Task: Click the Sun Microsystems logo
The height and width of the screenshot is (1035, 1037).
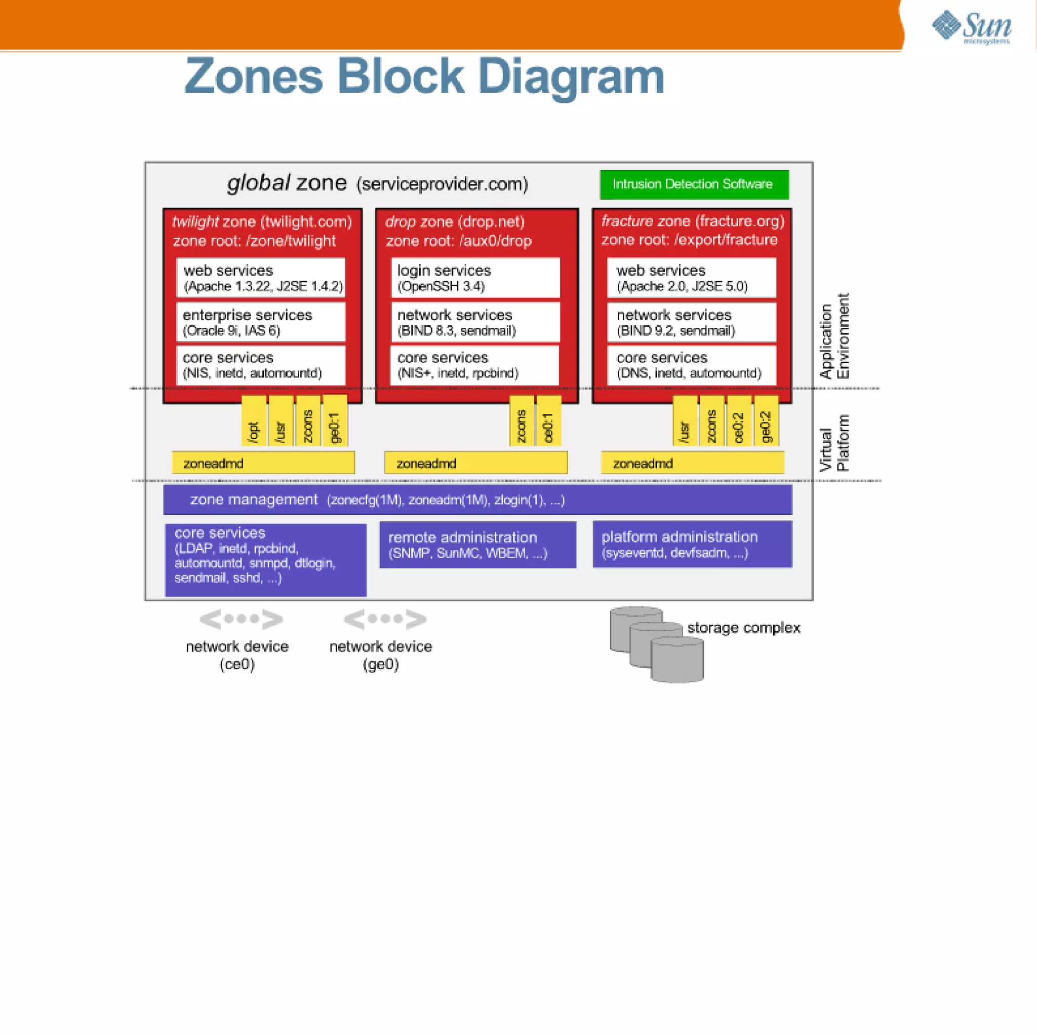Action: click(x=972, y=27)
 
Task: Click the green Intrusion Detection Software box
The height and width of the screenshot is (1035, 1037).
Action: click(x=694, y=184)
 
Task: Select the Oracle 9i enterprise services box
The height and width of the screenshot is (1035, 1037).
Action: click(x=261, y=322)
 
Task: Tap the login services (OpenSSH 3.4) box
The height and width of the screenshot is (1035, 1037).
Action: click(x=475, y=278)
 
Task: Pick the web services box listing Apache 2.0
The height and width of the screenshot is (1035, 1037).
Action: click(x=691, y=278)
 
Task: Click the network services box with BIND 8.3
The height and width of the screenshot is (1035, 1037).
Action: click(x=475, y=322)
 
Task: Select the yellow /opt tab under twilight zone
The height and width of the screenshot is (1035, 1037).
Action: click(x=254, y=421)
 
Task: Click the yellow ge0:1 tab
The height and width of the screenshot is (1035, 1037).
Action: click(x=335, y=421)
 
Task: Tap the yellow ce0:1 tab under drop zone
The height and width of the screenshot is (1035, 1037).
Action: click(x=548, y=421)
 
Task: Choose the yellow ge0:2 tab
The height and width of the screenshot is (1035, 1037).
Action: click(x=766, y=421)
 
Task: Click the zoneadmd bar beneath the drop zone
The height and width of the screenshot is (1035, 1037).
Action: click(x=475, y=463)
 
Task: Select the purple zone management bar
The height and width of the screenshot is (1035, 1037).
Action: click(x=477, y=500)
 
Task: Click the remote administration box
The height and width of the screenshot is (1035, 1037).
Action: click(x=477, y=545)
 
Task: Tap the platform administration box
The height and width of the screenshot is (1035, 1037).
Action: click(x=692, y=544)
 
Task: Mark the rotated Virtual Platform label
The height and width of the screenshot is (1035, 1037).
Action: click(x=834, y=443)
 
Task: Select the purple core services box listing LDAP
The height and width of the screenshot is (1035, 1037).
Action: click(x=266, y=560)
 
